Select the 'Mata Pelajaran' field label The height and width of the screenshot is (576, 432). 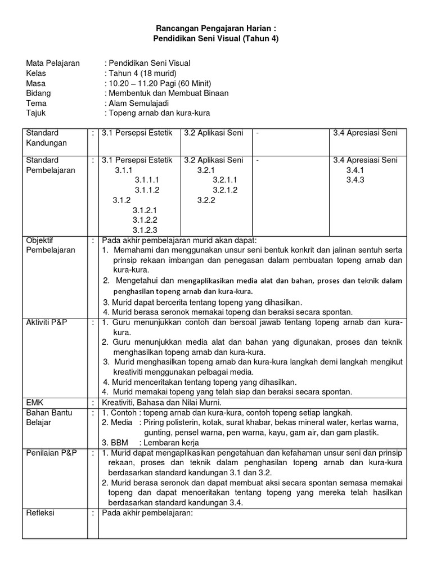point(53,63)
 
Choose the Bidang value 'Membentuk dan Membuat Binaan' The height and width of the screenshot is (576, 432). point(168,93)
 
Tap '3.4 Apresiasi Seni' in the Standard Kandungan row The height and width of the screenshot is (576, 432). point(365,133)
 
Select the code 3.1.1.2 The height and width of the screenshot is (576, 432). point(146,190)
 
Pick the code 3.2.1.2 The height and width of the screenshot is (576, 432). point(224,190)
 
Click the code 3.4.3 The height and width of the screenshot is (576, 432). point(355,180)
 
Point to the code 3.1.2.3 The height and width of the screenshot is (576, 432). point(145,229)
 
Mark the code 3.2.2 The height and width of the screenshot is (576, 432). point(206,200)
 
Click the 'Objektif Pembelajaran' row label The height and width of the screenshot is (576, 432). point(51,245)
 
